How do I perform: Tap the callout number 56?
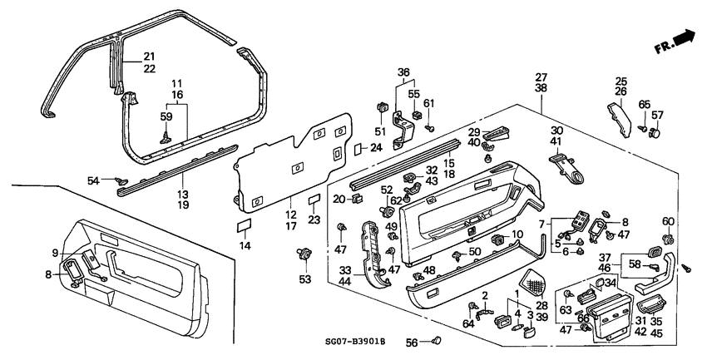(413, 343)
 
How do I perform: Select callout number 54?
(94, 180)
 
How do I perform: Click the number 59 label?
(166, 116)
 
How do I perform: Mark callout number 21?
(149, 56)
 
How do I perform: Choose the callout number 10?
(517, 235)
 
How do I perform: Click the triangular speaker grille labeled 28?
(532, 279)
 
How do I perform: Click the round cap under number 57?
(657, 131)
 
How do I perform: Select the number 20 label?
(339, 199)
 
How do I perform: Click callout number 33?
(344, 271)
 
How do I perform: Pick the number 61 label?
(429, 102)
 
